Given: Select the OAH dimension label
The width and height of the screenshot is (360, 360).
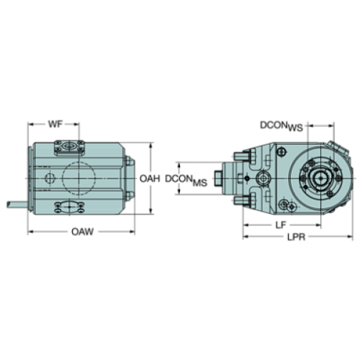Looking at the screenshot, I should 151,179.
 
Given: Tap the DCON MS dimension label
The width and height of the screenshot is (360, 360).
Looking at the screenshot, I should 187,179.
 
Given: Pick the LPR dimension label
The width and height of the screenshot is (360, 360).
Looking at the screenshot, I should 296,238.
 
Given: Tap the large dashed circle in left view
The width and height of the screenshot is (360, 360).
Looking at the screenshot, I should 78,177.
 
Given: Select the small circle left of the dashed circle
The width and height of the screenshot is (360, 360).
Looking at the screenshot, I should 49,178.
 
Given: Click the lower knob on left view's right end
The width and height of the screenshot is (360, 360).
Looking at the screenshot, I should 130,195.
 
